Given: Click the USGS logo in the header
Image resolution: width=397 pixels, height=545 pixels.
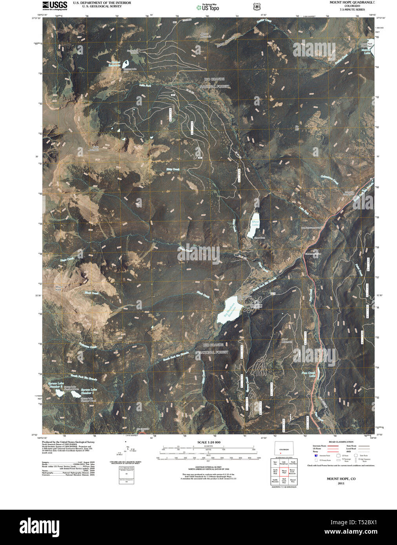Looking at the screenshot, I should click(x=55, y=5).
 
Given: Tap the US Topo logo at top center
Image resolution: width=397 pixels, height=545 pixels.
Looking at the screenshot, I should click(x=208, y=7).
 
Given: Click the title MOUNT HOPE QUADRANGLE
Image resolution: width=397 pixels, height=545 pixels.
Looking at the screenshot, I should click(x=350, y=2).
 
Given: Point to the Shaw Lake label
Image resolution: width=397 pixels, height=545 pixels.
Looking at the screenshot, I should click(x=255, y=224).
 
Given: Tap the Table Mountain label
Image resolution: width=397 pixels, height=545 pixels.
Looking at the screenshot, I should click(x=93, y=149).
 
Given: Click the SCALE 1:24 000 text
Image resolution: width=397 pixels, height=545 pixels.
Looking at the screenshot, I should click(x=209, y=442).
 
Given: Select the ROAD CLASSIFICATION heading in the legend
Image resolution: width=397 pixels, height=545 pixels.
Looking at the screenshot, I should click(x=341, y=442).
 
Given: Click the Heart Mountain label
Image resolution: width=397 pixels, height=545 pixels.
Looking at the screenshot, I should click(x=287, y=340).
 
